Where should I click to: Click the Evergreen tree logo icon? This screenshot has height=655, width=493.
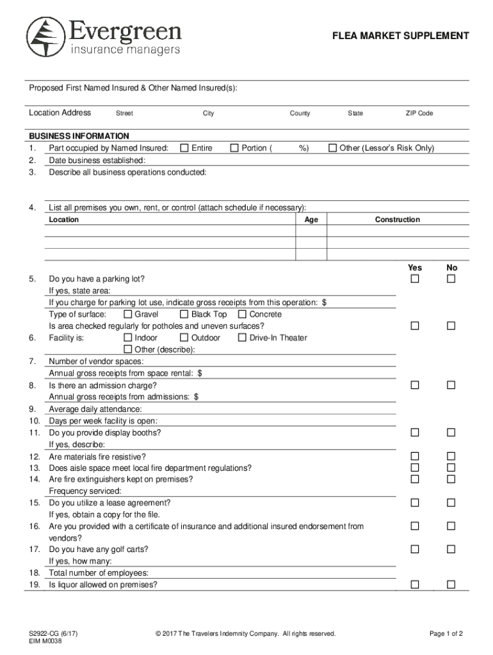coord(45,36)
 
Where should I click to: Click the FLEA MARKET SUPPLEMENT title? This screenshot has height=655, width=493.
coord(400,36)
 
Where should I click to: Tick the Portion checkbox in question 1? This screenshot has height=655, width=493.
coord(234,148)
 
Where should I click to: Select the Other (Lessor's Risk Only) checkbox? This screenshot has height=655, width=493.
coord(332,148)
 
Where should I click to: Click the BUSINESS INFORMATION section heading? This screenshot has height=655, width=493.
coord(79,136)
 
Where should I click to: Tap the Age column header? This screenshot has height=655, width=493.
coord(311,220)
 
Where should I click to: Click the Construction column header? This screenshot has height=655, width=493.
coord(397,220)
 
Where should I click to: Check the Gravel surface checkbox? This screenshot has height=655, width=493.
coord(127,315)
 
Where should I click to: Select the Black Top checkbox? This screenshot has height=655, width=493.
coord(184,315)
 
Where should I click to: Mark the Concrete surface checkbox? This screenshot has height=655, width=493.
coord(242,315)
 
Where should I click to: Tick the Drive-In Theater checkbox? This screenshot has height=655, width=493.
coord(242,338)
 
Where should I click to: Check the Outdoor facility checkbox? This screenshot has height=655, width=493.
coord(184,338)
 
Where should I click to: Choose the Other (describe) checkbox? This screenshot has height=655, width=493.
coord(127,349)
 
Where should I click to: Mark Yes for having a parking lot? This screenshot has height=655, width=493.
coord(415,280)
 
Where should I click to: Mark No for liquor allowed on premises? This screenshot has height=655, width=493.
coord(451,585)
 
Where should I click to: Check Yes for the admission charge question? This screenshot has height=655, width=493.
coord(415,385)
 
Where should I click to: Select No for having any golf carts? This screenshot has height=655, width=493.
coord(451,549)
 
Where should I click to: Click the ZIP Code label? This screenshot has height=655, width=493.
coord(419,114)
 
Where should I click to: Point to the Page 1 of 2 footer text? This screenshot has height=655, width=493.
coord(446,634)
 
